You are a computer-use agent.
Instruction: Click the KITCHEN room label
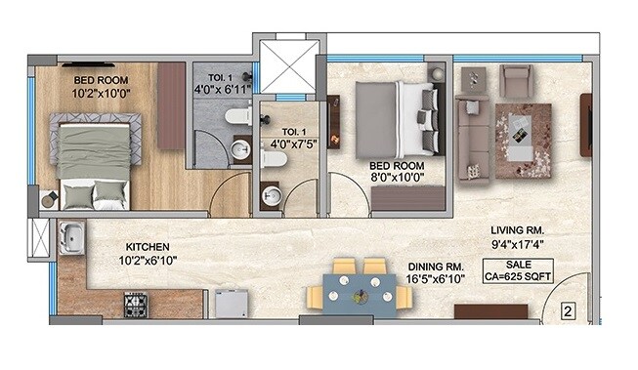click(149, 247)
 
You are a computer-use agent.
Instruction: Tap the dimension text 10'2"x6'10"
click(149, 262)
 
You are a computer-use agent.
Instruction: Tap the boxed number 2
click(568, 312)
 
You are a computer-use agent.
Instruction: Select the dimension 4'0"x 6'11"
click(223, 89)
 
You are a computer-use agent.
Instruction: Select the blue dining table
click(352, 291)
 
